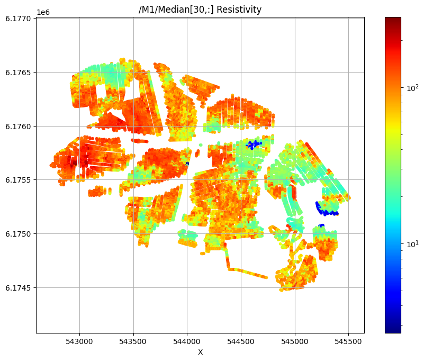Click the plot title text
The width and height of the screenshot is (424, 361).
point(200,10)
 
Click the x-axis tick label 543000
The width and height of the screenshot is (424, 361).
point(79,341)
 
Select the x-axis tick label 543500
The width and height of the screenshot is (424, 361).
point(133,341)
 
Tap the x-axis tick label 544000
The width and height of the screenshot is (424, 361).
point(187,341)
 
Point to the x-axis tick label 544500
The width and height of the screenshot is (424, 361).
point(241,341)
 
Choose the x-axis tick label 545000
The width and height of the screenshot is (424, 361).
point(295,341)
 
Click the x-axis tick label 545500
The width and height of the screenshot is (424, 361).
point(348,341)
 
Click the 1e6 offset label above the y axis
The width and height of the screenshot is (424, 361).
point(43,12)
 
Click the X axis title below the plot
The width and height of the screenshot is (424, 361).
point(200,352)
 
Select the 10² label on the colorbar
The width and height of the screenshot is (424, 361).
point(411,88)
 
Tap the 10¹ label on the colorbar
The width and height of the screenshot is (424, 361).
point(411,244)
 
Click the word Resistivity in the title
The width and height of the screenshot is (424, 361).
point(238,10)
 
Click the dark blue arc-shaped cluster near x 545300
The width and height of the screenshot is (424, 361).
point(326,210)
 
